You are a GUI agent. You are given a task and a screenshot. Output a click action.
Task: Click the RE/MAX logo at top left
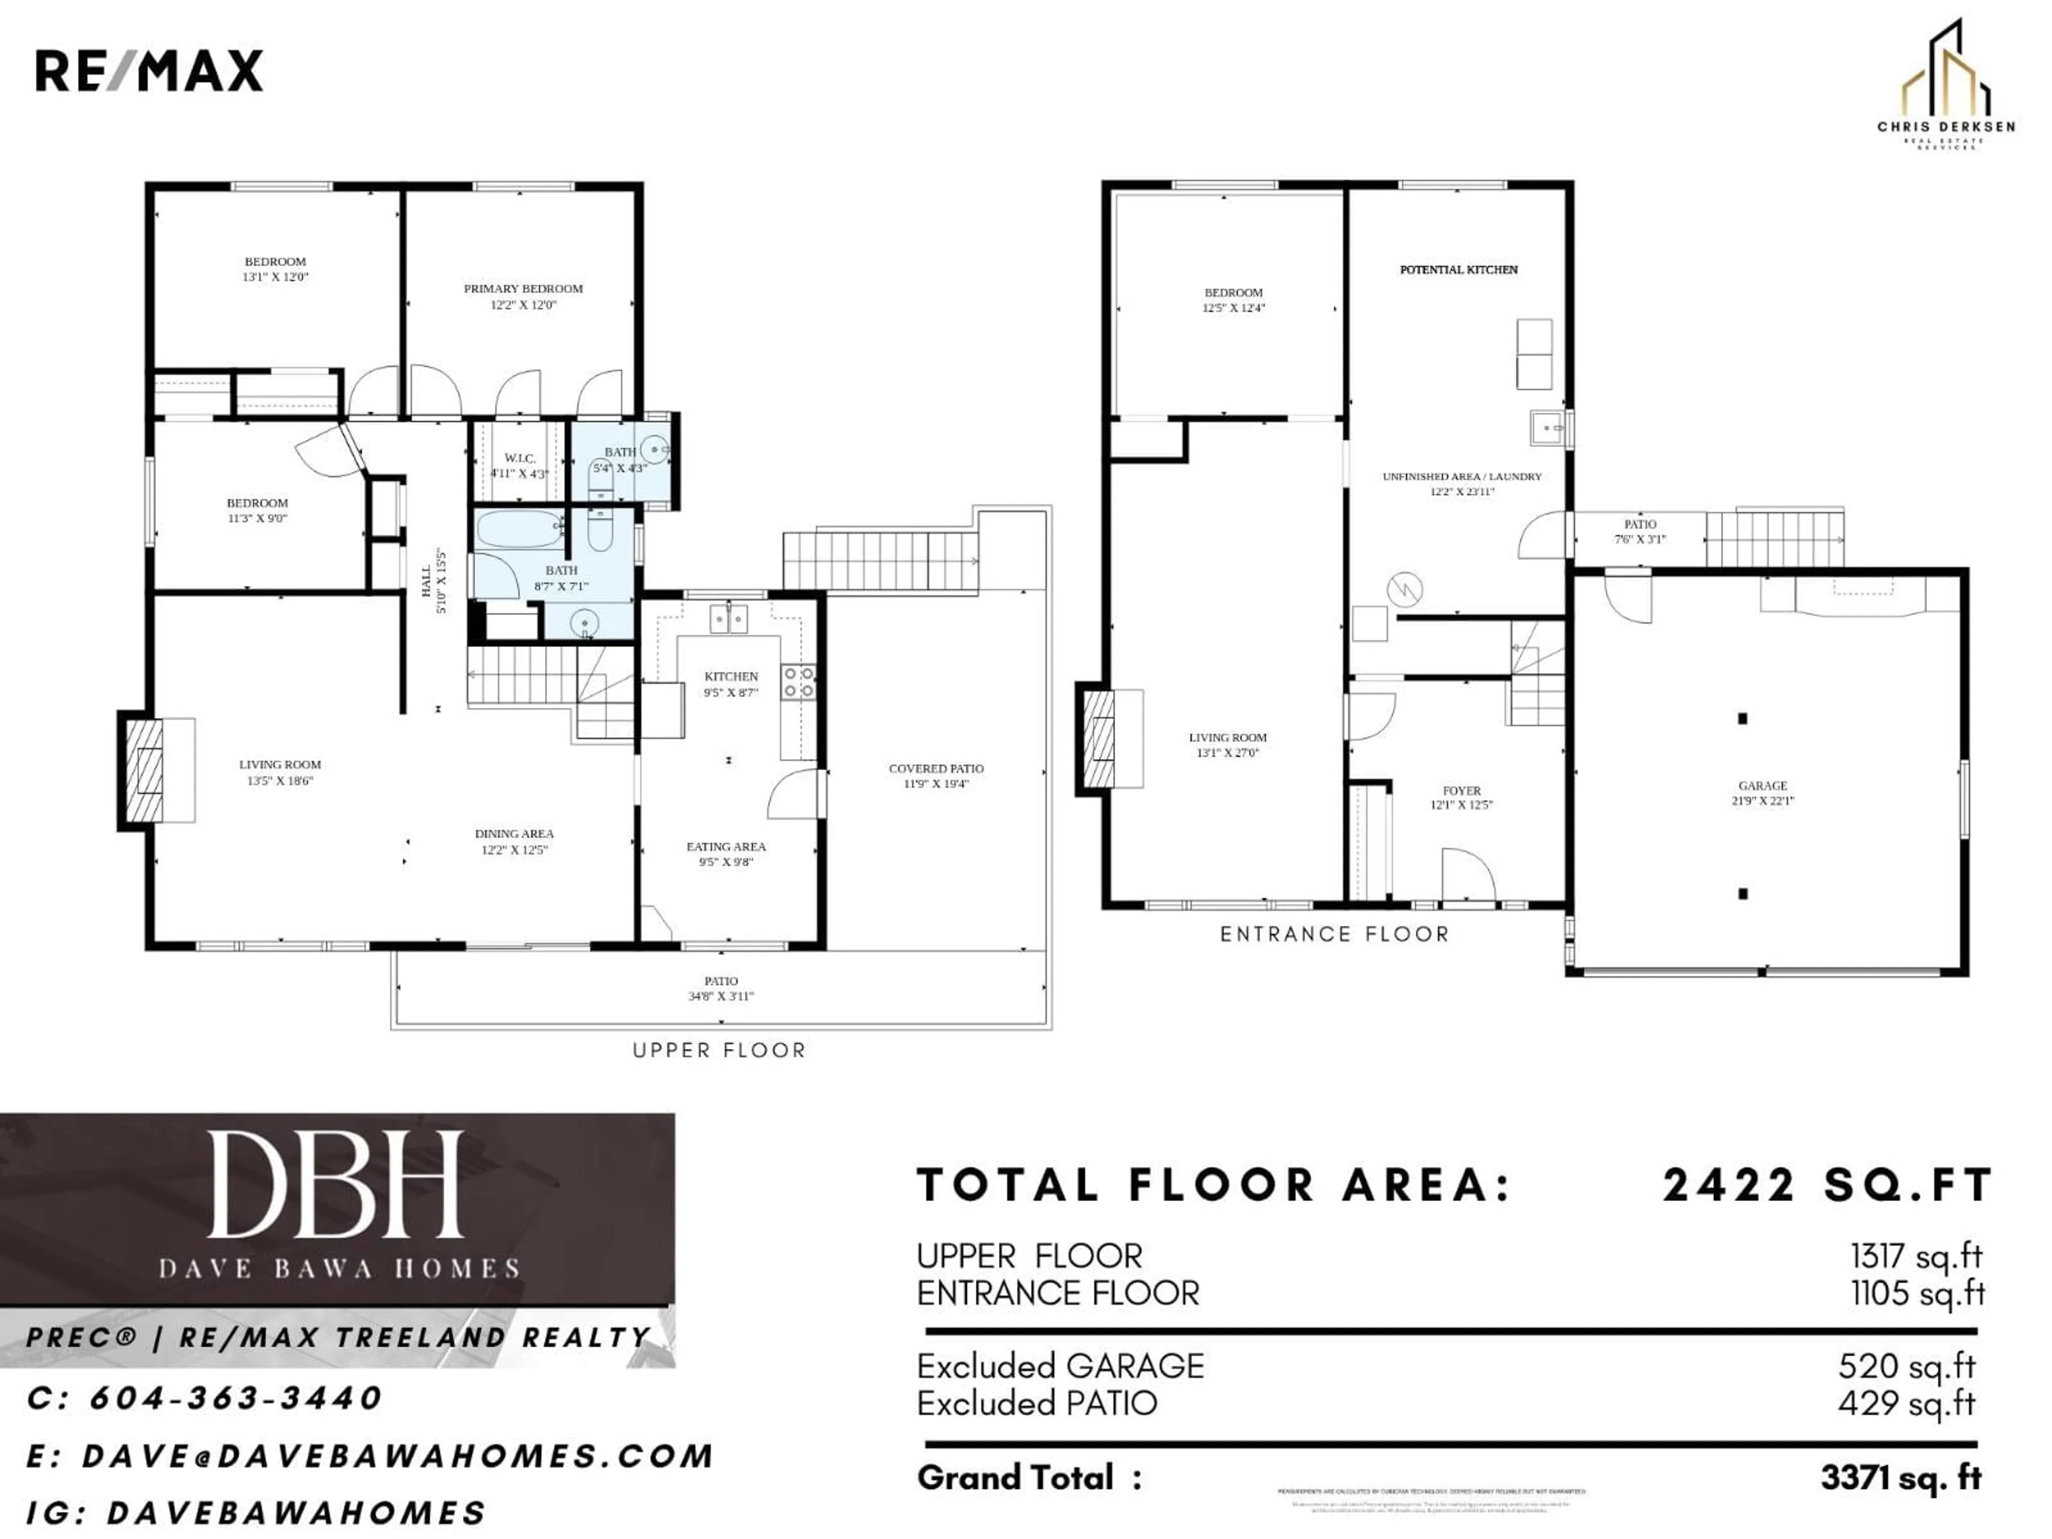click(149, 72)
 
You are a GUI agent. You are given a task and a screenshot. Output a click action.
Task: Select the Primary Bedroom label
click(523, 289)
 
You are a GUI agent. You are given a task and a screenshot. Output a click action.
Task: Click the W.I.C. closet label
click(519, 458)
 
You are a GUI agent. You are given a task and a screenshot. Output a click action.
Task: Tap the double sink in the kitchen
click(729, 618)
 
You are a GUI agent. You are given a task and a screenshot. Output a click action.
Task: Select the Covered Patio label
click(936, 768)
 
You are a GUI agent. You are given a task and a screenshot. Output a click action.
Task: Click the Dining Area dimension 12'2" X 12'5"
click(514, 850)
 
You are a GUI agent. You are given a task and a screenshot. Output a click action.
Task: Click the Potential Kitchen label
click(1458, 270)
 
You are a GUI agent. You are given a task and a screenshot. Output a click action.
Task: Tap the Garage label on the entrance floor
click(1762, 786)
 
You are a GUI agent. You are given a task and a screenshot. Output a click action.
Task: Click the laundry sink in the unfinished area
click(1546, 428)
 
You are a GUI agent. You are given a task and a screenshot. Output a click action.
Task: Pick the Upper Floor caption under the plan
click(719, 1050)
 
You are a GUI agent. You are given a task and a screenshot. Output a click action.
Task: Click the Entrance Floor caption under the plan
click(1334, 934)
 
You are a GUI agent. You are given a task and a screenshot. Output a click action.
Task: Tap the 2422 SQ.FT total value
click(1828, 1186)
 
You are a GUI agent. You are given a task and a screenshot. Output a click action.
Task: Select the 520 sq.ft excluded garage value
click(1906, 1365)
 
